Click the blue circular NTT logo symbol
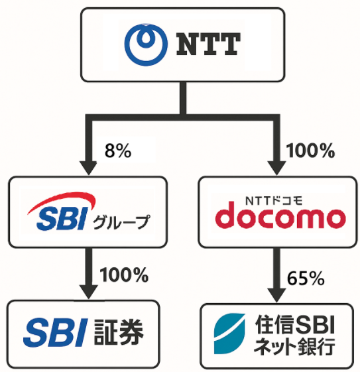146,44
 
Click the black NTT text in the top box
208,44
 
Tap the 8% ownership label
118,151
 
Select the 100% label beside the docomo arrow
310,151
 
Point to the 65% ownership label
306,278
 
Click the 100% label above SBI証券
124,275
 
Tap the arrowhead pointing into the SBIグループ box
88,168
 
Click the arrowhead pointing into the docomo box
276,168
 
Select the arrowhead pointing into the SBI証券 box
89,292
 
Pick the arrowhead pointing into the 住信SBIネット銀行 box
276,295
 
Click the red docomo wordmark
280,215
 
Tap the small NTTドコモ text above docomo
274,201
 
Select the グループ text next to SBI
121,222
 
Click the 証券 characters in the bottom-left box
119,332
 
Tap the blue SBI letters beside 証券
56,332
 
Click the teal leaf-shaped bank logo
229,334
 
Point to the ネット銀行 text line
294,347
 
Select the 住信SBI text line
294,324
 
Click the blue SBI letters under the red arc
62,218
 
